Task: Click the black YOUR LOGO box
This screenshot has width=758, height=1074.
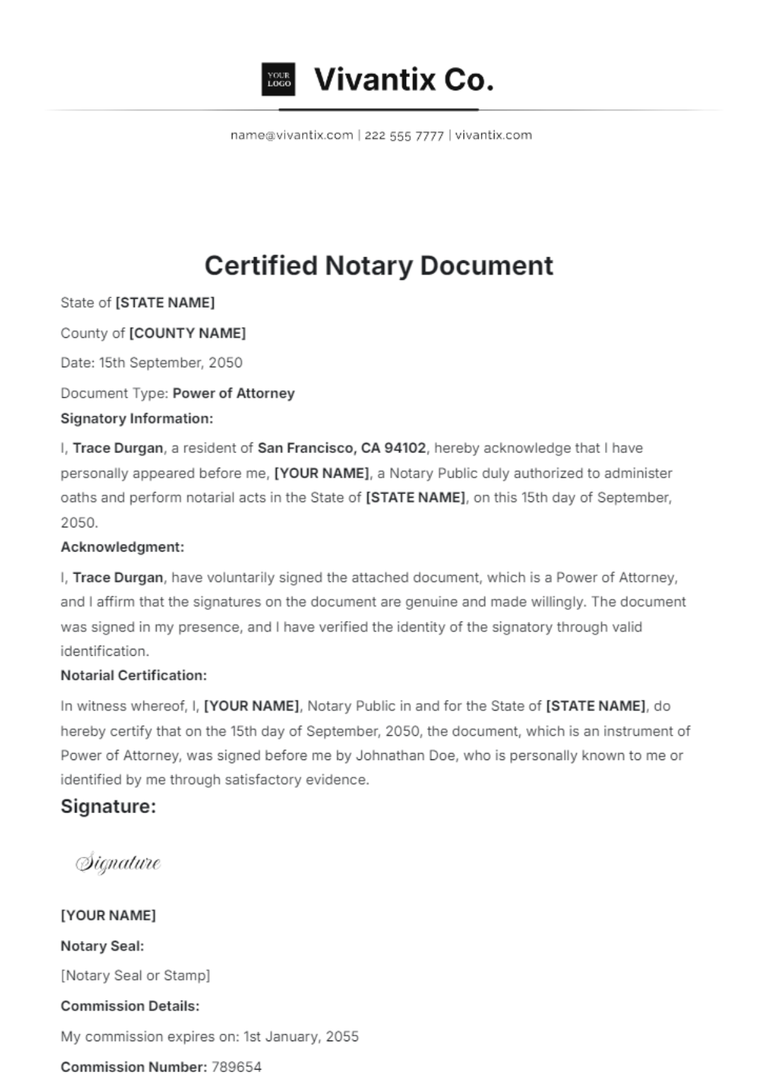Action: pos(278,80)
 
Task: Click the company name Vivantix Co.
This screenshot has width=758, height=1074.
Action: pos(404,80)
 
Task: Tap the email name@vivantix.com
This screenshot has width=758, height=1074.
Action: pos(291,135)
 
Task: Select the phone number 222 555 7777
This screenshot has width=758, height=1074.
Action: pos(404,135)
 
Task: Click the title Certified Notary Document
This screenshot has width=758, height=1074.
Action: pos(378,265)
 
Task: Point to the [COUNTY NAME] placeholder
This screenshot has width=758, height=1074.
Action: pos(187,333)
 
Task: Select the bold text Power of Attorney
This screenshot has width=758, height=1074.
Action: pos(234,393)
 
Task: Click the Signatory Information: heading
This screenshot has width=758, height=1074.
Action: pos(136,418)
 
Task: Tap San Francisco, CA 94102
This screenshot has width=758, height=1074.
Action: pos(342,448)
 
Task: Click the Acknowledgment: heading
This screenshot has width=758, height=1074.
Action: pos(122,547)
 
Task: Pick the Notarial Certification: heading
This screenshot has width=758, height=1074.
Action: pos(133,675)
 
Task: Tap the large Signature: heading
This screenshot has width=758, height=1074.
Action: pos(108,807)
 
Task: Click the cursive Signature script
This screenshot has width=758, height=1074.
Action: pos(118,863)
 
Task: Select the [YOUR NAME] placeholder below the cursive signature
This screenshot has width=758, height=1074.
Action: pos(108,915)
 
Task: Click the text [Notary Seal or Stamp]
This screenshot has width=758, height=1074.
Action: pos(135,975)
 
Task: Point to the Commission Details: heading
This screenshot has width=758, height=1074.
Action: pos(129,1006)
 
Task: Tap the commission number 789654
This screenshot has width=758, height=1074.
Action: pos(236,1066)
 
